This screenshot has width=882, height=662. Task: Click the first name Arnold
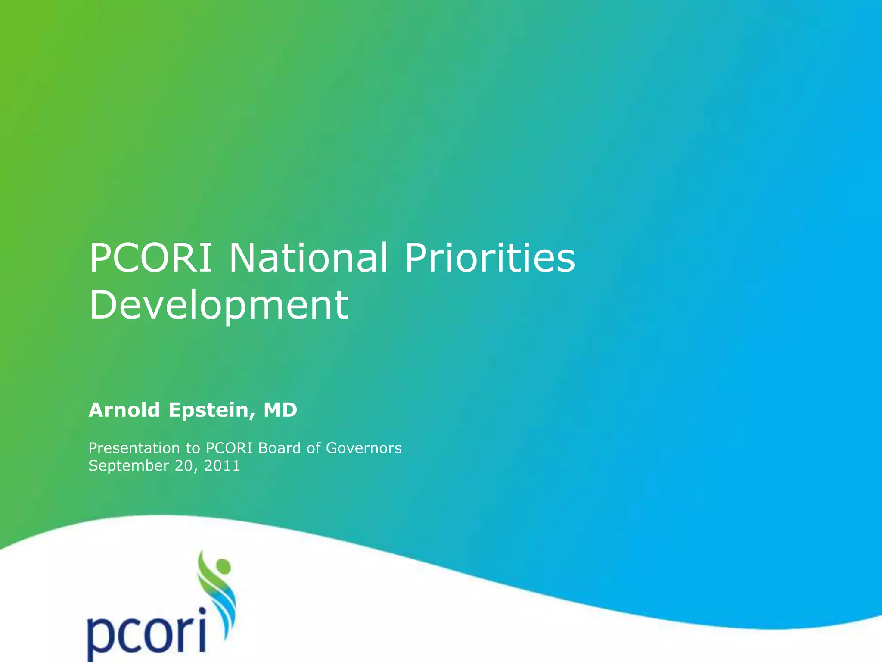pos(124,410)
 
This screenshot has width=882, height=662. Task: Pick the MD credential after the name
pos(280,410)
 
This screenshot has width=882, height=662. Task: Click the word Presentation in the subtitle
pos(134,448)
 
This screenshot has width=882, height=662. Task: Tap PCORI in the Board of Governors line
pos(229,448)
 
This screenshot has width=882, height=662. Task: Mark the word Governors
pos(363,448)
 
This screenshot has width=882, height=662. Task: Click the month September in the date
pos(128,466)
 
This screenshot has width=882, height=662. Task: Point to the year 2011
pos(222,466)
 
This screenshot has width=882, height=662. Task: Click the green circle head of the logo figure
pos(223,565)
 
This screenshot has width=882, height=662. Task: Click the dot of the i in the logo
pos(202,611)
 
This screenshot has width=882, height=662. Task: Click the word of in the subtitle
pos(313,448)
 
